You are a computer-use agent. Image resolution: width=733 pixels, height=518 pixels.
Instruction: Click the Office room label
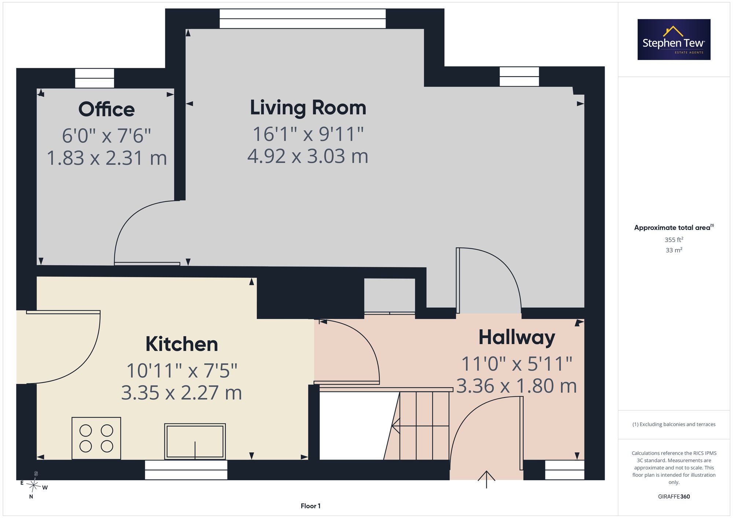pos(107,109)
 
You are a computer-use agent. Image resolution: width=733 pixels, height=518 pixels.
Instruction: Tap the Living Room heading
pos(308,108)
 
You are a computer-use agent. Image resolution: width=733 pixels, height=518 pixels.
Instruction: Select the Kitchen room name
pos(182,344)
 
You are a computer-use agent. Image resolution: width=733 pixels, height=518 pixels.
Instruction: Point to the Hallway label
pos(517,338)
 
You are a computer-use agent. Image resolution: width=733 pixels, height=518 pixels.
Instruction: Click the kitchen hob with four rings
pos(96,438)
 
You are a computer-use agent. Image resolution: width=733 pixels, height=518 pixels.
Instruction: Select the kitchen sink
pos(195,441)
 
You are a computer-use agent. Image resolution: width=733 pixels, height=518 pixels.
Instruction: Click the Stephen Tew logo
pos(674,40)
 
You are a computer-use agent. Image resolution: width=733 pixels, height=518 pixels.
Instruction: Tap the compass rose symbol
pos(34,485)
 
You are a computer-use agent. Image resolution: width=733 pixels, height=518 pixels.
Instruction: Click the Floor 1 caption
pos(310,506)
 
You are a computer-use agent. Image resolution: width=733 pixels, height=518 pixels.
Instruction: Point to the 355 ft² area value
pos(674,240)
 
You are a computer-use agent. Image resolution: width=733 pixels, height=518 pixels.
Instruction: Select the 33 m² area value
pos(674,250)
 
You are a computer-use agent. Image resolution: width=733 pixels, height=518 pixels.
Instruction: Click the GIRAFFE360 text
pos(674,497)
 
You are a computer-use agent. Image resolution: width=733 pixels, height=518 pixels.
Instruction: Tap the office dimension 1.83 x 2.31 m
pos(107,158)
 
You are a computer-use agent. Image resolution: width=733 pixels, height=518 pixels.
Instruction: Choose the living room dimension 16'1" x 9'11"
pos(308,134)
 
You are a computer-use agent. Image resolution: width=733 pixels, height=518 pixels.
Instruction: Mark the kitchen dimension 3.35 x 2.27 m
pos(182,393)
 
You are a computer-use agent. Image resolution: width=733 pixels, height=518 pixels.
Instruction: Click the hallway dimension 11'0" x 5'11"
pos(517,364)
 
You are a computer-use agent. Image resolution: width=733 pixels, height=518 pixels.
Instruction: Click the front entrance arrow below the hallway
pos(486,479)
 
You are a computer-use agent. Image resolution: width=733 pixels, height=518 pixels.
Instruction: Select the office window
pos(95,78)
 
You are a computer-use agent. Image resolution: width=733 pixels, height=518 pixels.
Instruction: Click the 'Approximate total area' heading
pos(674,227)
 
